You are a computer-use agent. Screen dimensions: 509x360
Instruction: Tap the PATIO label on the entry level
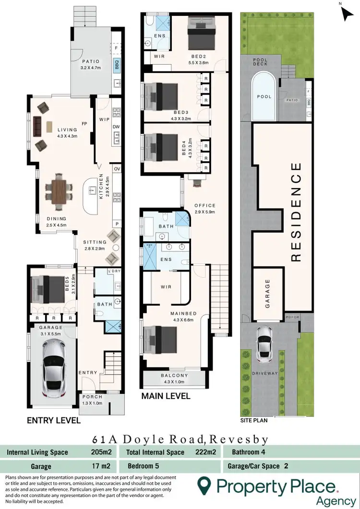pyautogui.click(x=90, y=61)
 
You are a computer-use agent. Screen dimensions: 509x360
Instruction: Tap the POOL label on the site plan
pyautogui.click(x=264, y=96)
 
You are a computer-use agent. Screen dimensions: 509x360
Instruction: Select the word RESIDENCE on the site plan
pyautogui.click(x=296, y=212)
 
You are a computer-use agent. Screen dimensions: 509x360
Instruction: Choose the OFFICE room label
pyautogui.click(x=205, y=205)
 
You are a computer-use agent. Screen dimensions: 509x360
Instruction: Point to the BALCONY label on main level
pyautogui.click(x=175, y=376)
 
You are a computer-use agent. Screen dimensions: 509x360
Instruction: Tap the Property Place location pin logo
pyautogui.click(x=205, y=487)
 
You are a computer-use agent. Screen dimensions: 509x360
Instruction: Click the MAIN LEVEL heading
pyautogui.click(x=166, y=396)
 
